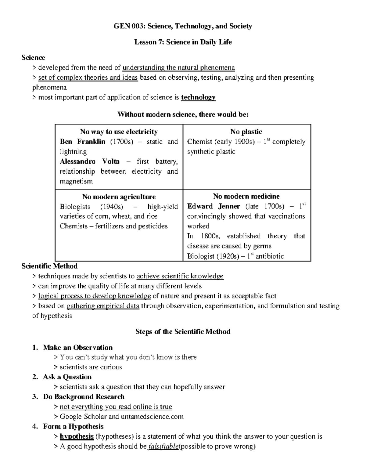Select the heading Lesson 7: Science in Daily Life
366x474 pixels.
183,42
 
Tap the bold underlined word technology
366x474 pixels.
198,97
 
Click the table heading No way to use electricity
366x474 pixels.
119,132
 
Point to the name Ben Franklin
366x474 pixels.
82,142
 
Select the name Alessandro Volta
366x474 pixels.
90,161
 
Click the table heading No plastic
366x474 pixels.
246,132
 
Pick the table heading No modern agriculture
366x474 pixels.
119,197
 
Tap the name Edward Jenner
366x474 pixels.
213,207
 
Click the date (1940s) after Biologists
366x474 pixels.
112,207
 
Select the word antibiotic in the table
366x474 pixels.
270,256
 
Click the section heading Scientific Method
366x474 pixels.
49,266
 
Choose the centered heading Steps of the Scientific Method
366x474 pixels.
183,332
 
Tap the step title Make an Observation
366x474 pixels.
78,348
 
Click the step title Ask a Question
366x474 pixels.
67,377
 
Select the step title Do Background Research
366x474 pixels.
84,397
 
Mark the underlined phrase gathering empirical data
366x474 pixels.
103,306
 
